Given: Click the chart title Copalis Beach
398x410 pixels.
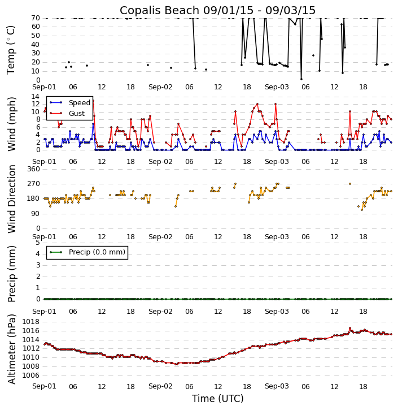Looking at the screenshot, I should point(217,10).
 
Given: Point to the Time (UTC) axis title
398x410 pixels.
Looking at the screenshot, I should point(217,399).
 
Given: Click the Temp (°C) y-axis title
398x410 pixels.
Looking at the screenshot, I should point(11,49).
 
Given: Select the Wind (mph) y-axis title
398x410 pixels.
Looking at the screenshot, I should point(11,123).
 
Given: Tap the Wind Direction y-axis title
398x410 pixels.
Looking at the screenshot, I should point(11,198).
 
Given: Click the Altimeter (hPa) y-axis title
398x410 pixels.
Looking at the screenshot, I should point(11,348).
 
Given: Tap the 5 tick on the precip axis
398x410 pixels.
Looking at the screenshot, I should point(37,243).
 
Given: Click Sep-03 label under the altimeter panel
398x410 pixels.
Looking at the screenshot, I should point(276,387).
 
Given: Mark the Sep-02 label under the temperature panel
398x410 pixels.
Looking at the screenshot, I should point(160,87).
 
